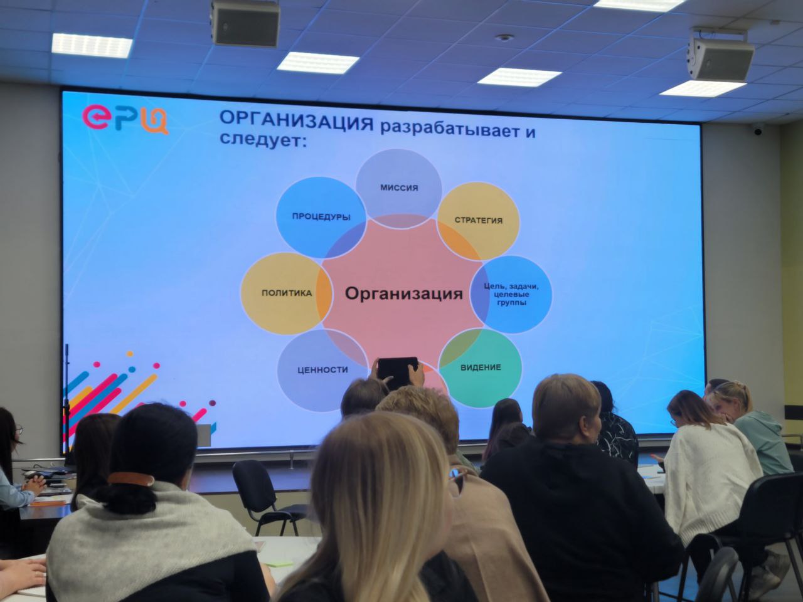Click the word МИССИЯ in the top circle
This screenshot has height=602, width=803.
click(x=399, y=188)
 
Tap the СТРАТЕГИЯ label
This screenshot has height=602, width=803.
click(x=479, y=220)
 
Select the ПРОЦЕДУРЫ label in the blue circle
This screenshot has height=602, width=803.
click(x=321, y=217)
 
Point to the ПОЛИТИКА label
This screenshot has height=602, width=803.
click(x=287, y=293)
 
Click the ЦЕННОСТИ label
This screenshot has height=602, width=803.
click(x=322, y=370)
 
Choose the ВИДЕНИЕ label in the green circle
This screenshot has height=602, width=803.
click(x=481, y=367)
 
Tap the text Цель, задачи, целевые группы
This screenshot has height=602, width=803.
click(x=511, y=294)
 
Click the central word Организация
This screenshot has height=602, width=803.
click(x=404, y=293)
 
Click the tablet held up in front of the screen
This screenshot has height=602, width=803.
click(x=398, y=373)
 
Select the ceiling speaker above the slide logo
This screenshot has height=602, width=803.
click(x=245, y=23)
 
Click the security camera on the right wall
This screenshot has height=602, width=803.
click(x=757, y=129)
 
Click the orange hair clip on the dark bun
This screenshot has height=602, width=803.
click(x=130, y=478)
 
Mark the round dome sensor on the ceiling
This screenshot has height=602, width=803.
click(x=504, y=37)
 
